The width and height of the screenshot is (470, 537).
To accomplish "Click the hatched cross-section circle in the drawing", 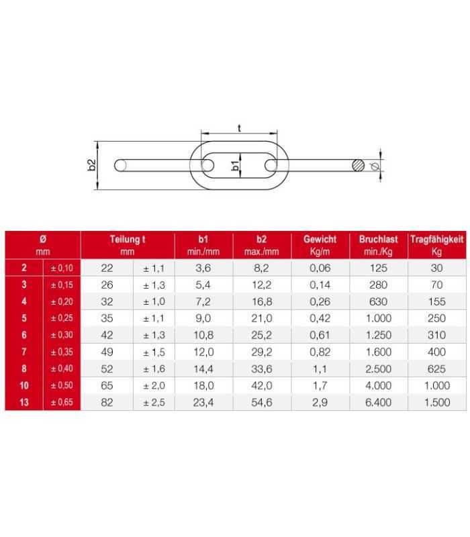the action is (x=359, y=165).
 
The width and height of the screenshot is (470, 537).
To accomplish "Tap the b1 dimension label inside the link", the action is (x=236, y=165).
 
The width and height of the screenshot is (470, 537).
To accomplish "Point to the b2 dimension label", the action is (x=91, y=165).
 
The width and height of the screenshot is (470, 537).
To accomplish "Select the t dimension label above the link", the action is (x=239, y=128).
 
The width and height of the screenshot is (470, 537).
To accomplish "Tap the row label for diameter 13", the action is (x=24, y=402).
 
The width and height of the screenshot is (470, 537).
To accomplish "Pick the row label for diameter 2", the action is (x=24, y=268).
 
